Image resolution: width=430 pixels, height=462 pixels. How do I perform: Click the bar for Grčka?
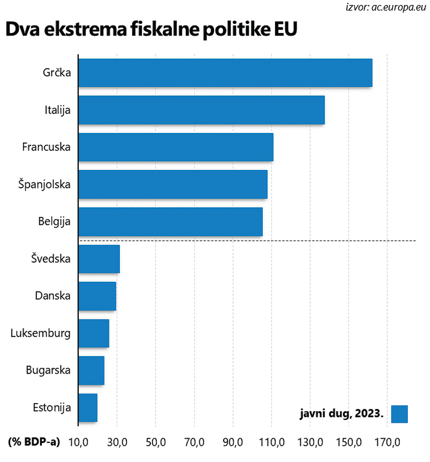pos(225,73)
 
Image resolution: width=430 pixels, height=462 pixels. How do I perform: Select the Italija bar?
pos(201,110)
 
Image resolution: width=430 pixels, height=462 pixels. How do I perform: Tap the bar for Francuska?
pos(176,147)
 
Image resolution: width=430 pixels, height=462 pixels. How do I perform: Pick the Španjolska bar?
pos(173,184)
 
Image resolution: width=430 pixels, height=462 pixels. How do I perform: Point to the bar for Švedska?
pos(99,259)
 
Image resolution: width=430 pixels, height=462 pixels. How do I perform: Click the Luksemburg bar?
pos(94,334)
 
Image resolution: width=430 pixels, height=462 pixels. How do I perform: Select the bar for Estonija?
pos(88,408)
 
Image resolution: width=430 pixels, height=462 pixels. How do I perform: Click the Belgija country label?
pos(55,221)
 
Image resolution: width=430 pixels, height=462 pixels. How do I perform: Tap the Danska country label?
pos(53,296)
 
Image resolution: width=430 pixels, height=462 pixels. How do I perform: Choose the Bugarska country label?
pos(48,371)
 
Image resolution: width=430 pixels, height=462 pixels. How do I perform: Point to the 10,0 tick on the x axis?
pos(78,442)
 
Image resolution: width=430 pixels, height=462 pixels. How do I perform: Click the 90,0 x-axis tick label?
pos(233,442)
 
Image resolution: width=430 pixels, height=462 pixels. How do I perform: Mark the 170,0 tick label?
pos(388,442)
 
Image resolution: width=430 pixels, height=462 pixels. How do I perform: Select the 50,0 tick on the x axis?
pos(156,442)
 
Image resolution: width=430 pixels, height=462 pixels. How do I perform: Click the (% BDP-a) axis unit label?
pos(34,442)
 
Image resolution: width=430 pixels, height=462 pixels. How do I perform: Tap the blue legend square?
pos(399,414)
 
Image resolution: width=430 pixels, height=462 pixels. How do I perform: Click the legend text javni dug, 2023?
pos(341,414)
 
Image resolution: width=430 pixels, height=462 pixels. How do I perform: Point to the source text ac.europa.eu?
pos(399,7)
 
